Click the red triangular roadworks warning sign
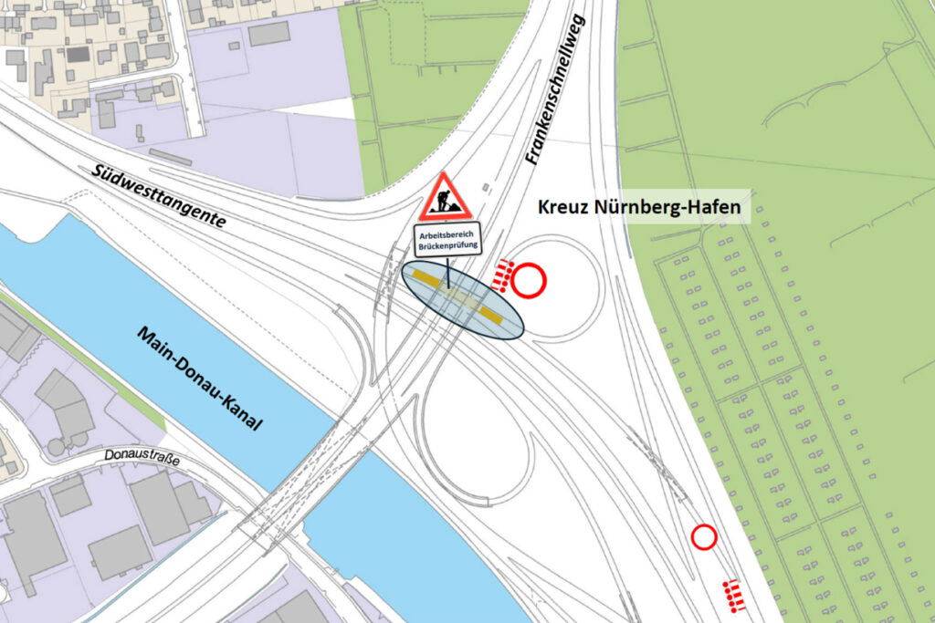coord(445,199)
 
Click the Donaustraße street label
coord(142,454)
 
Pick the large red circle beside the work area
coord(528,281)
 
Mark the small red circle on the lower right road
coord(703,537)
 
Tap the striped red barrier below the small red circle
coord(732,595)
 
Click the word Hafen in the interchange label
coord(713,209)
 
